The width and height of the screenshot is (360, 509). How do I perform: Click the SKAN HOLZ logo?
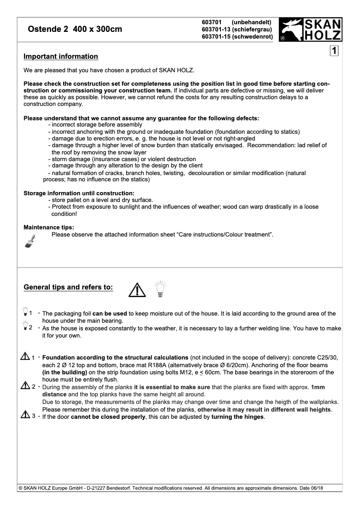pyautogui.click(x=310, y=30)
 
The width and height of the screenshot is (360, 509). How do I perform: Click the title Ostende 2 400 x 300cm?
pyautogui.click(x=75, y=30)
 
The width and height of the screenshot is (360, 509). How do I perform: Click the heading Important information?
pyautogui.click(x=61, y=57)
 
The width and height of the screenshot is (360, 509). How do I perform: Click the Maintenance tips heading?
pyautogui.click(x=49, y=227)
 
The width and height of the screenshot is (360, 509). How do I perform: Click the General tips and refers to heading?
pyautogui.click(x=68, y=287)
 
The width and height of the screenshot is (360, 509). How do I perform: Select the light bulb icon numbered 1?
pyautogui.click(x=25, y=311)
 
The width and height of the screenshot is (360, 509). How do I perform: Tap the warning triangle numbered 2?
pyautogui.click(x=25, y=386)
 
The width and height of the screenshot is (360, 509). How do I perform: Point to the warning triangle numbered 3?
pyautogui.click(x=25, y=416)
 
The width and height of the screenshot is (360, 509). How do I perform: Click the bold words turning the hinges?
pyautogui.click(x=238, y=417)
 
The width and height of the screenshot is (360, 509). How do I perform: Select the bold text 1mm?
pyautogui.click(x=318, y=387)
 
